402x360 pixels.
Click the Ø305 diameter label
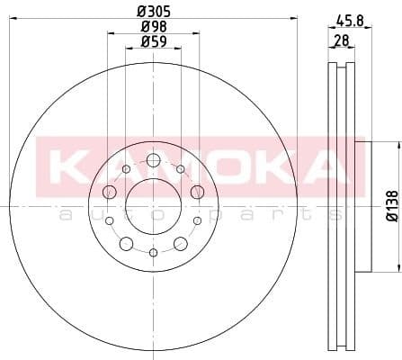[153, 12]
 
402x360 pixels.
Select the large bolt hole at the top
[153, 160]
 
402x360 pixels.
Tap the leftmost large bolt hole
[110, 191]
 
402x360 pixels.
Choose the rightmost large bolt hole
[197, 191]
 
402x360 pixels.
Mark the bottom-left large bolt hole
[127, 243]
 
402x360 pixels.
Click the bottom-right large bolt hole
[180, 243]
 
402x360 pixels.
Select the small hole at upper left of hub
[126, 169]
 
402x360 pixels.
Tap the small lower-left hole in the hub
[110, 220]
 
